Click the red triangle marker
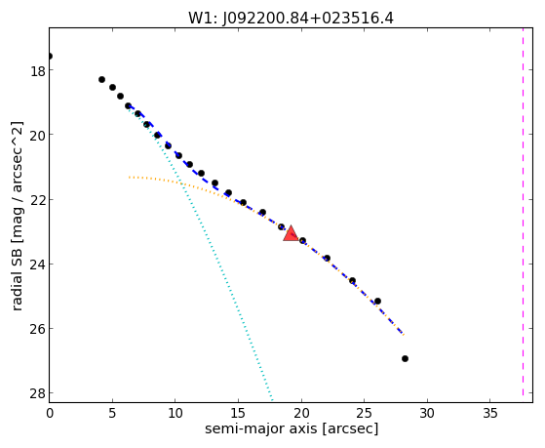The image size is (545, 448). [291, 233]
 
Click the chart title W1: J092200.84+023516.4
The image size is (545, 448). [291, 19]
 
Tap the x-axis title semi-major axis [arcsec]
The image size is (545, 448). [292, 428]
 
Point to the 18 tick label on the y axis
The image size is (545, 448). [37, 71]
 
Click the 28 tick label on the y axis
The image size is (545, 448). [37, 394]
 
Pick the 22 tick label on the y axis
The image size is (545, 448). [37, 200]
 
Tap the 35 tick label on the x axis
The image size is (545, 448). [490, 413]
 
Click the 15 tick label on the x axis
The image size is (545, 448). [238, 413]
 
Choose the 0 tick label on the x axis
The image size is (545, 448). [50, 413]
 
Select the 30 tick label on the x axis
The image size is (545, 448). [427, 413]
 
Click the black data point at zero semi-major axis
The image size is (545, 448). [50, 56]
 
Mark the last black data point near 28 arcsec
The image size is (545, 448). [405, 358]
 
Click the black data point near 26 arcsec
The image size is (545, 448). [378, 301]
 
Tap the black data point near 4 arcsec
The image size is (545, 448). [101, 79]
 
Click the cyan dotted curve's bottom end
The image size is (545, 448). [272, 400]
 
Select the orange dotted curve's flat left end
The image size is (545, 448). [130, 178]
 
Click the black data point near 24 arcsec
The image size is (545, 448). [352, 280]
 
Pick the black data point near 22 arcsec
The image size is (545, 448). [327, 258]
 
